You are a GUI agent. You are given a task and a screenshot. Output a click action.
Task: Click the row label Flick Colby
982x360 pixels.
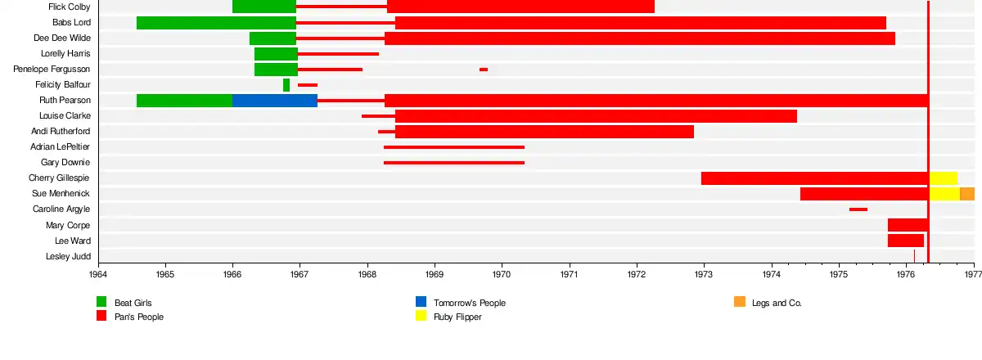[69, 7]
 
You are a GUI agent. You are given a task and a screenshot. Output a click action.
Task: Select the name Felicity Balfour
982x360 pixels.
[63, 85]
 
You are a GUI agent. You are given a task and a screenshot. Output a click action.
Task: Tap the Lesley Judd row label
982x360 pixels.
[68, 257]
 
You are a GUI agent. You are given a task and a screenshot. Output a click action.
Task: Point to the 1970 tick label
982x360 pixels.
[502, 276]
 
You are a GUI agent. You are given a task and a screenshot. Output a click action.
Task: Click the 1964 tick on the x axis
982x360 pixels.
[98, 276]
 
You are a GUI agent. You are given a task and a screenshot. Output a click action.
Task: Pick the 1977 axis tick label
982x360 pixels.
[972, 276]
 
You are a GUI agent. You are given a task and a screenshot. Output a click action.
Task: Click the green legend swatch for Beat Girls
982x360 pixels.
[101, 302]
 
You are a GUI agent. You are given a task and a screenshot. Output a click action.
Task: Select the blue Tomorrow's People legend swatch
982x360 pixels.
[421, 302]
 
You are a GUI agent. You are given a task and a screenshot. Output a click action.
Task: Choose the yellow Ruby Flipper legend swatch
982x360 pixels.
[421, 316]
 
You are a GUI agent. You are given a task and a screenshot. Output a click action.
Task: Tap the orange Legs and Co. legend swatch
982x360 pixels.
[740, 302]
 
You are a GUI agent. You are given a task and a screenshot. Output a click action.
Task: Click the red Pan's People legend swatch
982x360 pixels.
[101, 316]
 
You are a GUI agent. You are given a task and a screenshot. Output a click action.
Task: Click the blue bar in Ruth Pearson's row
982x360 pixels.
[274, 101]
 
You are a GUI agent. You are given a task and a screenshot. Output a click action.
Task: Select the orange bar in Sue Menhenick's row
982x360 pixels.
[966, 194]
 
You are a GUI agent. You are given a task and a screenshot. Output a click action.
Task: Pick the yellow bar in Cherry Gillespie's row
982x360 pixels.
[943, 178]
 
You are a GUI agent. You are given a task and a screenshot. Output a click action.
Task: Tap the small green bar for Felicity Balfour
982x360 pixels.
[286, 85]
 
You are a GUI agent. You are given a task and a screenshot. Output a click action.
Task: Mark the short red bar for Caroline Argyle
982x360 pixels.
[858, 209]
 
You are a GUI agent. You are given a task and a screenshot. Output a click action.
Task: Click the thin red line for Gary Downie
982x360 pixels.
[453, 163]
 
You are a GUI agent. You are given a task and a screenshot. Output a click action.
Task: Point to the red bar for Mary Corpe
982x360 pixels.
[908, 225]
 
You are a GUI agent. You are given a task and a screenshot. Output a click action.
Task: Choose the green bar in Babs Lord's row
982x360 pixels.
[216, 23]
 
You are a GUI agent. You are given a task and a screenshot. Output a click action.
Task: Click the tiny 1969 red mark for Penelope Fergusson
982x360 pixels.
[484, 70]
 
